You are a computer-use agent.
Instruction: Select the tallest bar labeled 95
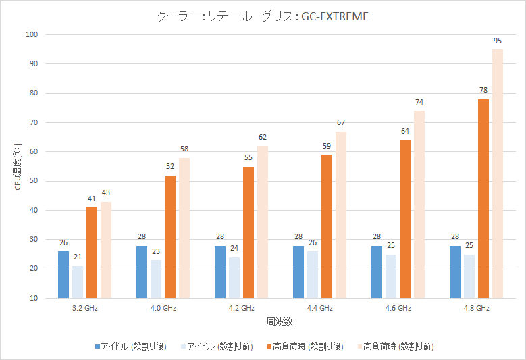click(x=498, y=174)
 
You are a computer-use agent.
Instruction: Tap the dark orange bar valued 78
click(x=483, y=199)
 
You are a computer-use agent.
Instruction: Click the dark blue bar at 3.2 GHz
click(x=63, y=274)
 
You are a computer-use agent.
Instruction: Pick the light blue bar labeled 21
click(x=78, y=282)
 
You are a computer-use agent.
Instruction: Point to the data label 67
click(x=341, y=122)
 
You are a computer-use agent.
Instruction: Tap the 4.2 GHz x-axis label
click(x=241, y=308)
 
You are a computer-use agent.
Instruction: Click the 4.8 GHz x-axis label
click(x=476, y=308)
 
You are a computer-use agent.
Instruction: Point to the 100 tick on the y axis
click(x=32, y=34)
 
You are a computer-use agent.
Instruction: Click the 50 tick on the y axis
click(x=33, y=181)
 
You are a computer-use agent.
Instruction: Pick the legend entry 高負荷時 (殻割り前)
click(x=398, y=346)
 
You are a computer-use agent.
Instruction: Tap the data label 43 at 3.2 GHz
click(x=106, y=193)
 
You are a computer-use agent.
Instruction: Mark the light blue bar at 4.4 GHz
click(x=313, y=274)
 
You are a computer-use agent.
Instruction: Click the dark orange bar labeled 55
click(x=248, y=232)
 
